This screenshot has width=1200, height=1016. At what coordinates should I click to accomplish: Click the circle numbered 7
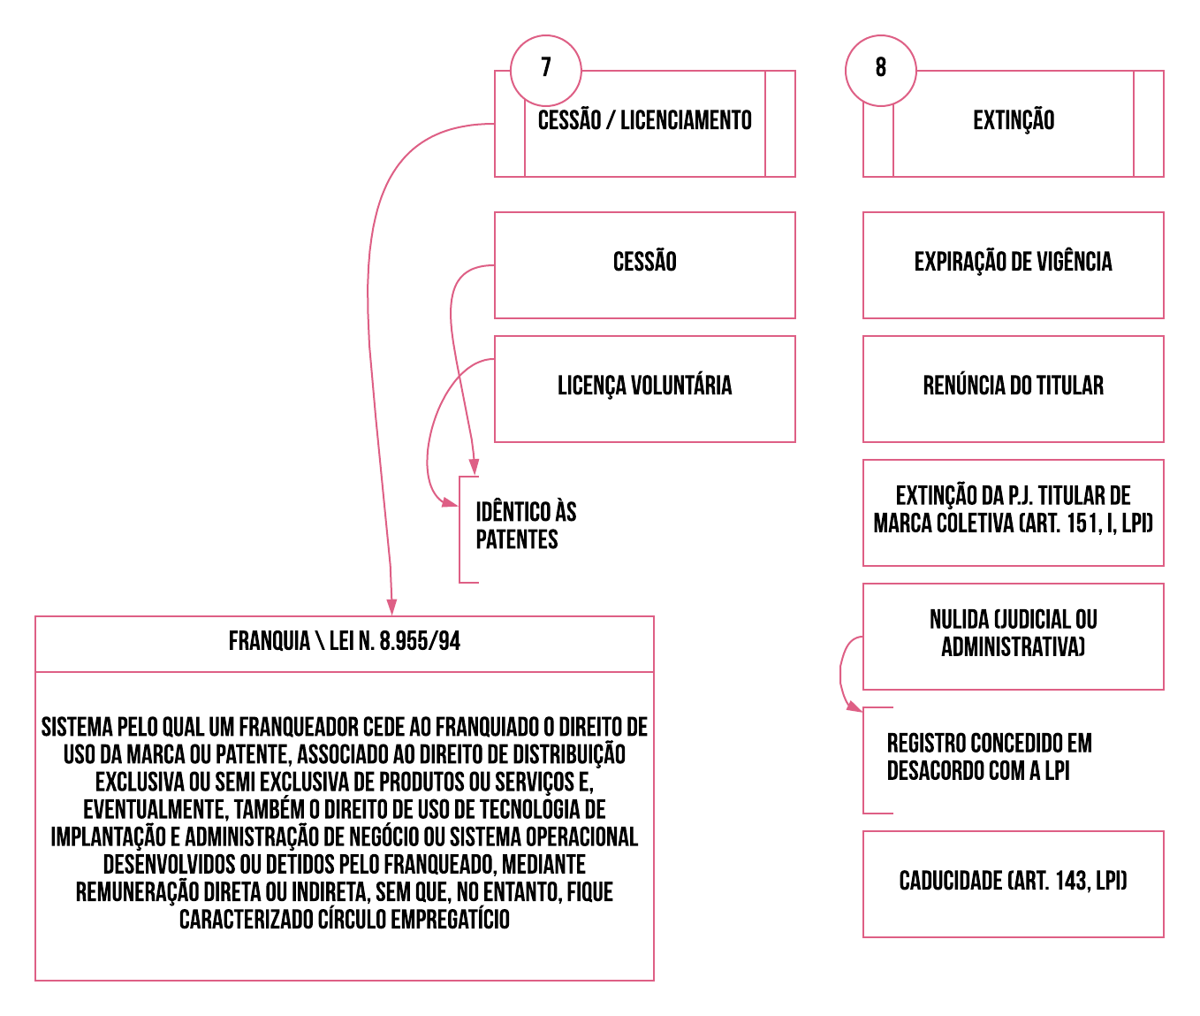[546, 70]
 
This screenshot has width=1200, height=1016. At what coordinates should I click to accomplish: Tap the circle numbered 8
[880, 70]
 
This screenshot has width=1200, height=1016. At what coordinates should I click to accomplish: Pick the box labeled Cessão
[645, 264]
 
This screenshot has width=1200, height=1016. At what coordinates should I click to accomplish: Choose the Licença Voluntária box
[645, 388]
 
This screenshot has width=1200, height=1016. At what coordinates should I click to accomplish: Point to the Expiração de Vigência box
[1014, 264]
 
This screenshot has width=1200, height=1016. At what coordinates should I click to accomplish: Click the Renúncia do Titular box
[1014, 388]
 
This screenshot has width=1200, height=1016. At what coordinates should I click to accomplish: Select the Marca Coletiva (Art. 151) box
[1014, 512]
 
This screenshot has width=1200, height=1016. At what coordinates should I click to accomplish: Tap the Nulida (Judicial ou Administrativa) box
[1014, 636]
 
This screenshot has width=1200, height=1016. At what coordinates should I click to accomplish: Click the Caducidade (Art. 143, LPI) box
[1014, 883]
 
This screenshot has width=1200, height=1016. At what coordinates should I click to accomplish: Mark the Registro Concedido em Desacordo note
[989, 758]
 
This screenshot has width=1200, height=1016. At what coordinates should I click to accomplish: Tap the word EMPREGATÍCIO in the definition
[450, 921]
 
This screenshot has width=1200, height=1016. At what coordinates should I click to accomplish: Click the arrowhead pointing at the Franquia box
[391, 607]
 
